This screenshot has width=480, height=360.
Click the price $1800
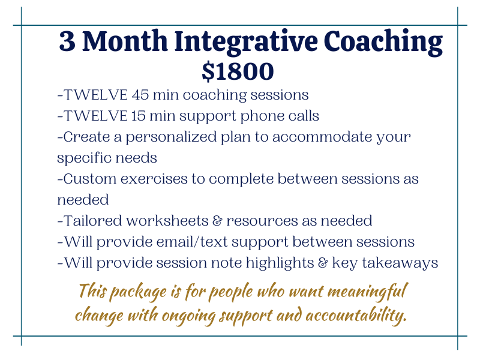pyautogui.click(x=238, y=71)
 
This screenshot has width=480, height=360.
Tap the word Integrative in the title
pyautogui.click(x=246, y=42)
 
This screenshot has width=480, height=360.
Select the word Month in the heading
pyautogui.click(x=125, y=41)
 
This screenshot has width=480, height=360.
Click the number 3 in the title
pyautogui.click(x=67, y=41)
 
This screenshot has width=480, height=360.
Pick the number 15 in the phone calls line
pyautogui.click(x=138, y=116)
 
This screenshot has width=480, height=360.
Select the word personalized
pyautogui.click(x=171, y=137)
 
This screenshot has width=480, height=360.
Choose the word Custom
pyautogui.click(x=89, y=179)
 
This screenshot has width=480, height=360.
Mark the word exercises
pyautogui.click(x=154, y=179)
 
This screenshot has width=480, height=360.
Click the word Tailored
pyautogui.click(x=93, y=221)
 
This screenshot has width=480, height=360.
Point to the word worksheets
pyautogui.click(x=167, y=221)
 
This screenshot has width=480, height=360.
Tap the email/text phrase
pyautogui.click(x=192, y=242)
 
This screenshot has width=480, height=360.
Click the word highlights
pyautogui.click(x=280, y=263)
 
